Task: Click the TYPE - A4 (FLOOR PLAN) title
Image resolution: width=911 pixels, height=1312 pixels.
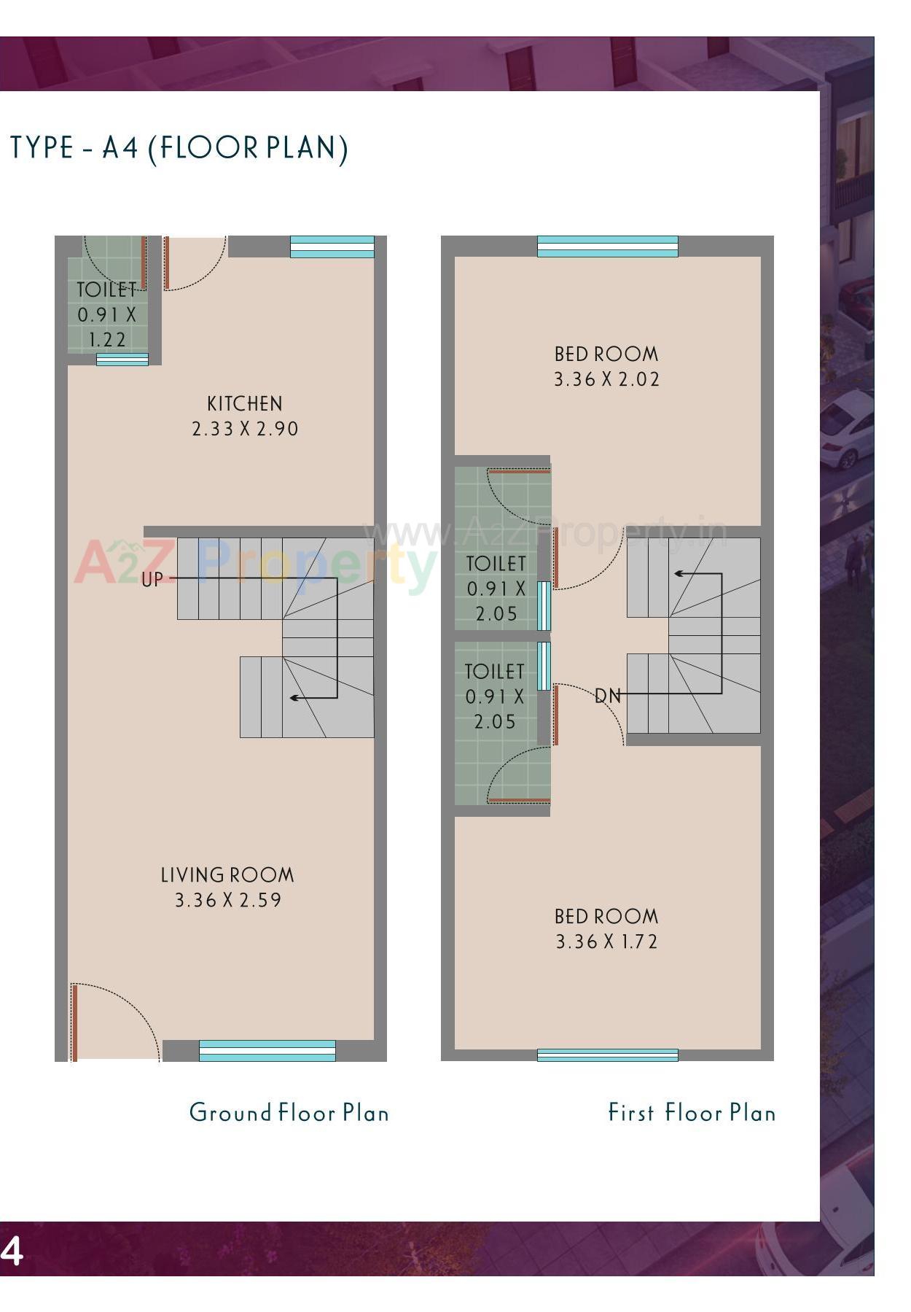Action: tap(179, 148)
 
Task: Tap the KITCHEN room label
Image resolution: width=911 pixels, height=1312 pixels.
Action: tap(244, 404)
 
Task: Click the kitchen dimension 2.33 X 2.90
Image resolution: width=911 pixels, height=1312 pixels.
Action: tap(245, 429)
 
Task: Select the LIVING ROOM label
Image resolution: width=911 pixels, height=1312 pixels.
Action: tap(227, 875)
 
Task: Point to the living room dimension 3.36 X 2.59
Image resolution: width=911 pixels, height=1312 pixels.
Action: tap(227, 900)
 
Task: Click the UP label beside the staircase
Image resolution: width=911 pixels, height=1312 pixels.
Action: tap(152, 581)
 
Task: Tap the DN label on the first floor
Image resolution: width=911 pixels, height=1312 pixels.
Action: tap(608, 696)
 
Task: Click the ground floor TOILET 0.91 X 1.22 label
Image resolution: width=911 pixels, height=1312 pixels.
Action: tap(107, 314)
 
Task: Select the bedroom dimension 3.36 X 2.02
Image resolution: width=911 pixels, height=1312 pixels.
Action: tap(606, 379)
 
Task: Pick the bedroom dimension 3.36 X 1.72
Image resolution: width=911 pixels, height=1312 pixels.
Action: tap(606, 942)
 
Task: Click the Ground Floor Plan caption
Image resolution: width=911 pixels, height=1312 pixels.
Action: tap(289, 1113)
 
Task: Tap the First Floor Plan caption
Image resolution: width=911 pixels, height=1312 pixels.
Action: tap(692, 1113)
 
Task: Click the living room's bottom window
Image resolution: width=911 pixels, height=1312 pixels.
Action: tap(267, 1051)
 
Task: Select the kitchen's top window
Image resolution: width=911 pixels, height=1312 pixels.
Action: tap(332, 247)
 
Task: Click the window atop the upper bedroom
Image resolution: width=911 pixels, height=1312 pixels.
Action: tap(607, 247)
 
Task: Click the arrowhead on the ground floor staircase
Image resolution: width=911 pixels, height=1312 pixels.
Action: tap(294, 698)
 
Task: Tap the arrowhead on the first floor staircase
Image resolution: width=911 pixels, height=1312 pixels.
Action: tap(678, 574)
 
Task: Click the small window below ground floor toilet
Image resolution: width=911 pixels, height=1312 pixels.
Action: tap(122, 360)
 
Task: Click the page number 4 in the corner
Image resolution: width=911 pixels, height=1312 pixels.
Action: tap(12, 1251)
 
